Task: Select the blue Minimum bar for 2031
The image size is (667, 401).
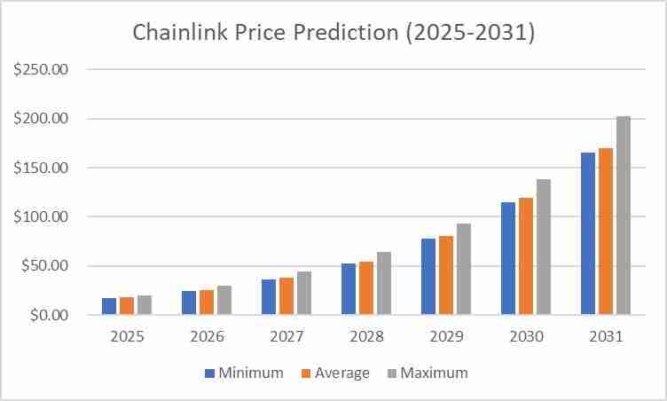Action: pyautogui.click(x=588, y=233)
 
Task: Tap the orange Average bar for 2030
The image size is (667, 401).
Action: pyautogui.click(x=526, y=256)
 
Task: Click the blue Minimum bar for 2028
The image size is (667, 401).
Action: pyautogui.click(x=349, y=289)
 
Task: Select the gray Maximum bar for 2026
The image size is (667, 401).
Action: pyautogui.click(x=224, y=300)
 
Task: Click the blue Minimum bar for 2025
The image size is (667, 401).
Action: pyautogui.click(x=109, y=306)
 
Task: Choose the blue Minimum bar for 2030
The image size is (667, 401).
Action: pyautogui.click(x=508, y=258)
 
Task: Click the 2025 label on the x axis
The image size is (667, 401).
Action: pyautogui.click(x=127, y=337)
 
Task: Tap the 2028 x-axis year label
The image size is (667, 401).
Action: pyautogui.click(x=366, y=337)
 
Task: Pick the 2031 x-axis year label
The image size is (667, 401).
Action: pyautogui.click(x=606, y=337)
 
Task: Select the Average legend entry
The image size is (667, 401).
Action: pyautogui.click(x=335, y=373)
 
